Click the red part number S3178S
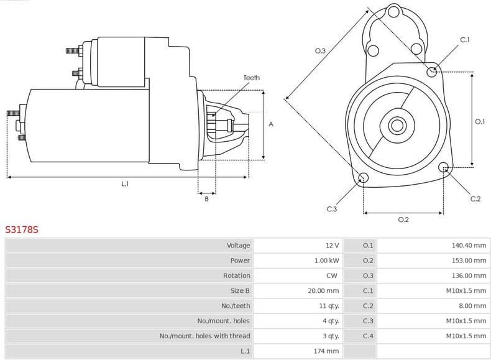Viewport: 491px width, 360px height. coord(22,229)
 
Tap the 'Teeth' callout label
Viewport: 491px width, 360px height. coord(252,78)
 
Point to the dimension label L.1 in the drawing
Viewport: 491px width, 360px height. coord(125,183)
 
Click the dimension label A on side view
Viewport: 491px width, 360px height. coord(271,124)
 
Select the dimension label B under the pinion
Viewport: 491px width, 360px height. coord(206,199)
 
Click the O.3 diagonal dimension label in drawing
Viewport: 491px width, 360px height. coord(320,51)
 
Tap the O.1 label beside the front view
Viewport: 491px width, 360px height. coord(479,122)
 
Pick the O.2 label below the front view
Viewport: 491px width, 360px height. coord(403,219)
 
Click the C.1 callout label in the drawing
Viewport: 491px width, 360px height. coord(464,40)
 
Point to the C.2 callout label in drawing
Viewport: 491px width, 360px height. coord(475,199)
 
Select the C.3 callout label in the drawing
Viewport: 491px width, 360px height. coord(332,209)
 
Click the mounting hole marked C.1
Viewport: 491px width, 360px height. coord(432,72)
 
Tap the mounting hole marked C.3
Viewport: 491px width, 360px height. coord(364,178)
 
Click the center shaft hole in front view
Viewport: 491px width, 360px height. coord(397,125)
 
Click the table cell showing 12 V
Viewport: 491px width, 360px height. coord(332,246)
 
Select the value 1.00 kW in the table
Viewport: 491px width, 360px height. coord(327,261)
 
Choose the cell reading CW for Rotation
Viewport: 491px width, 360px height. coord(333,275)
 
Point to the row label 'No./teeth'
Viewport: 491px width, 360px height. coord(236,306)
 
